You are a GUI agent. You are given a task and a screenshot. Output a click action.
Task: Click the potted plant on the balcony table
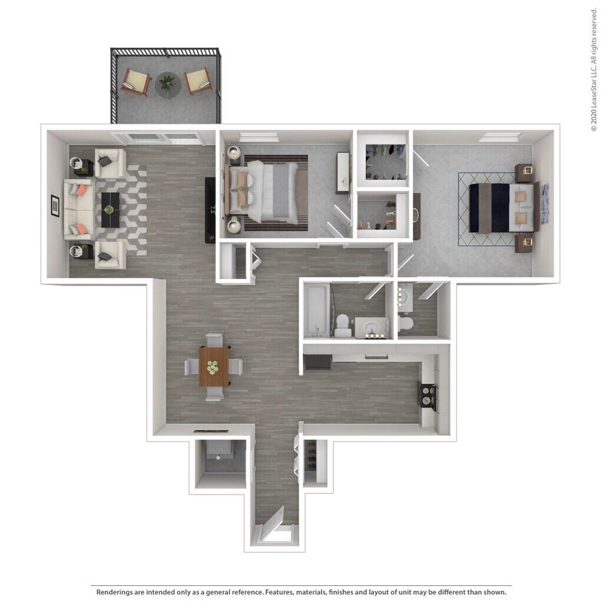coord(168,83)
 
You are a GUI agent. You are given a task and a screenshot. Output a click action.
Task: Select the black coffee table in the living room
coord(110,210)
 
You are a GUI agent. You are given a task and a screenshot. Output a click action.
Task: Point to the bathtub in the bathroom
coord(316,310)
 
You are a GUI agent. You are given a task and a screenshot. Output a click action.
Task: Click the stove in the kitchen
coord(428,396)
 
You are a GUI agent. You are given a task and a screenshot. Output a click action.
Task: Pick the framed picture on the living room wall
coord(55,206)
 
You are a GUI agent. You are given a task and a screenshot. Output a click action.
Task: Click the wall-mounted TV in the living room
coord(210,209)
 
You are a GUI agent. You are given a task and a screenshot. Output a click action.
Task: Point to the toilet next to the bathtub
coord(343,325)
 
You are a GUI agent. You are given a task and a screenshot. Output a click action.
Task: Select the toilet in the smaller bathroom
coord(406,324)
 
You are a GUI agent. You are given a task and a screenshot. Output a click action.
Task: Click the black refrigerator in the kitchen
coord(317,361)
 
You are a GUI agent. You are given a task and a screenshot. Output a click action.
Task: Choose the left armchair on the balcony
coord(136,81)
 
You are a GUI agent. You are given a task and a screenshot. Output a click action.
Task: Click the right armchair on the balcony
coord(198,81)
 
